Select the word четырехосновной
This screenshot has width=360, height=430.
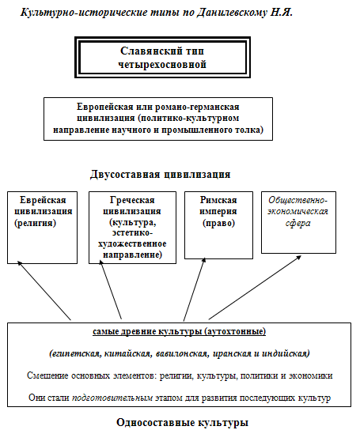[x=162, y=65]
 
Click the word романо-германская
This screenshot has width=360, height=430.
[x=197, y=107]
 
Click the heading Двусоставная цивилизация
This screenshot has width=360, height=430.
[x=161, y=175]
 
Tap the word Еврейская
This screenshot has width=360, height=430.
[x=43, y=200]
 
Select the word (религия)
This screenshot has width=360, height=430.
[x=35, y=223]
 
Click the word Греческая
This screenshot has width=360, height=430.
[x=132, y=200]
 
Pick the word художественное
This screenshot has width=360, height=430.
[x=132, y=243]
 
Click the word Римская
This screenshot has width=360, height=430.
[x=218, y=200]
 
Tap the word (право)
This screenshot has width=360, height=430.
[x=219, y=223]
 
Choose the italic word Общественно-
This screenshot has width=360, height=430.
[x=298, y=200]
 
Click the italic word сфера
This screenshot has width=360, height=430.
[x=298, y=223]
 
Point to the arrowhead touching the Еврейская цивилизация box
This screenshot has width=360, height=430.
[x=19, y=262]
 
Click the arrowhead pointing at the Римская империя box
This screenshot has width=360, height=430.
[x=204, y=260]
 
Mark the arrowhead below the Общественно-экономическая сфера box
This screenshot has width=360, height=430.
[x=299, y=258]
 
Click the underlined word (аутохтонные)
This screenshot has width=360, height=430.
[x=235, y=331]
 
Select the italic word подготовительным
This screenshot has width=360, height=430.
[x=112, y=398]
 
